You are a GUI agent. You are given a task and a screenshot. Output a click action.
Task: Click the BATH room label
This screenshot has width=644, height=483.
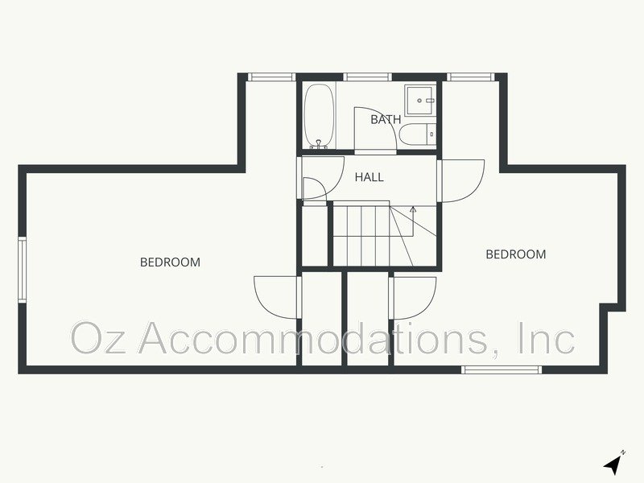(x=386, y=120)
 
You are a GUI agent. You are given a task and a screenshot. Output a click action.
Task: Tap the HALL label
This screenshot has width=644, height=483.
(x=369, y=177)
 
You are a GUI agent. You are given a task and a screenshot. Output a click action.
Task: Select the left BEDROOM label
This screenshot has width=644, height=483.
(x=170, y=262)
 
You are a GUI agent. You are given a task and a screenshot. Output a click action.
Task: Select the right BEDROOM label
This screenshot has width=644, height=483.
(x=515, y=254)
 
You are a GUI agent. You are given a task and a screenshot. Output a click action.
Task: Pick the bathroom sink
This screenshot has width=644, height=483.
(x=420, y=101)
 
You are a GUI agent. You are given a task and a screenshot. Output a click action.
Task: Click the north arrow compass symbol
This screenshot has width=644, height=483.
(x=614, y=463)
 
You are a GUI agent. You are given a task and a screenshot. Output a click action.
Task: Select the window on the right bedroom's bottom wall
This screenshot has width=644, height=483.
(x=500, y=369)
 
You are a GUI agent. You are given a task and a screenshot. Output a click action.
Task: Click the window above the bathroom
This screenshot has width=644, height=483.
(x=368, y=77)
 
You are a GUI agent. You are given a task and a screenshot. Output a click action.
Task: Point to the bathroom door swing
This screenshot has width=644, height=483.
(x=372, y=129)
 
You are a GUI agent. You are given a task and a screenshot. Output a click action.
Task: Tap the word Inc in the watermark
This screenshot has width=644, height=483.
(x=547, y=338)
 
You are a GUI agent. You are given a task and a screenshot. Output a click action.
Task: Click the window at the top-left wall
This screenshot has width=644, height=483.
(x=271, y=77)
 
